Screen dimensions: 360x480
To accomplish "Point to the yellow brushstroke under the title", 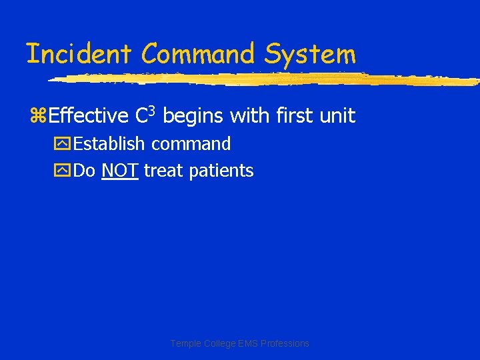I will tap(267, 79).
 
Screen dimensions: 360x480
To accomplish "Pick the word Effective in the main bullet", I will tap(89, 116).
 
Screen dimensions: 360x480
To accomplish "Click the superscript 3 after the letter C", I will tap(153, 110).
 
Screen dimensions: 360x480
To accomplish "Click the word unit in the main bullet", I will tap(338, 116).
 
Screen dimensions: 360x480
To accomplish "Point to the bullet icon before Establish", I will tap(65, 145).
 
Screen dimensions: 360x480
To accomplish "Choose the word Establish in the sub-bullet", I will tap(110, 144).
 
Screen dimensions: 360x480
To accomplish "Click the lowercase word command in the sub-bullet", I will tap(191, 145).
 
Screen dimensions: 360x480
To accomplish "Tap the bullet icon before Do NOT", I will tap(65, 171).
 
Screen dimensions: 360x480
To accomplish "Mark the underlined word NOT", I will tap(120, 171).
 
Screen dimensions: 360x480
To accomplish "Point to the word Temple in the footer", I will tap(186, 343).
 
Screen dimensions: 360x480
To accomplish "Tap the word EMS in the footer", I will tap(246, 343).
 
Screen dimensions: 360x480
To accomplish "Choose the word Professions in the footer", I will tap(285, 343).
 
